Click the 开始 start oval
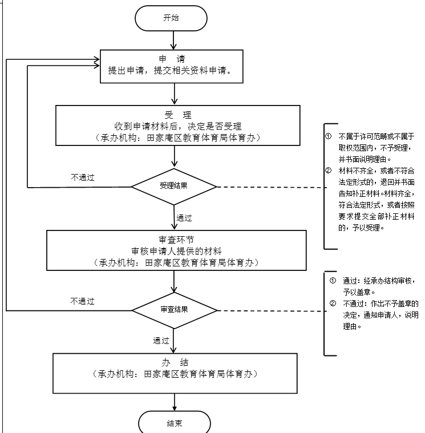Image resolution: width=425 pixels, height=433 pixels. [171, 18]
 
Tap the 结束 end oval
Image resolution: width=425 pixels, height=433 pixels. [175, 423]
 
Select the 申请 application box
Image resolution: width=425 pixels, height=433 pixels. [172, 66]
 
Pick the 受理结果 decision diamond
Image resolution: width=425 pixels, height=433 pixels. [174, 186]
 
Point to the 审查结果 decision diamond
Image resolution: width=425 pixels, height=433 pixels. [175, 310]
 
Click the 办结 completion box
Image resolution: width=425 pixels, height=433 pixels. [175, 369]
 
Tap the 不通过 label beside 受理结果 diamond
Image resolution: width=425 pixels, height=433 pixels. [82, 177]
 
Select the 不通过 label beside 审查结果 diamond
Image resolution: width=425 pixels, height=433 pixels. [82, 301]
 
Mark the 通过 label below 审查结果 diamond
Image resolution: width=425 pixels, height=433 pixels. [161, 341]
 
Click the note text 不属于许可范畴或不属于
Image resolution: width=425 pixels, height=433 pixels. [376, 137]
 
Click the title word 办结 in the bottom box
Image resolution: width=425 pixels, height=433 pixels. [175, 362]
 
